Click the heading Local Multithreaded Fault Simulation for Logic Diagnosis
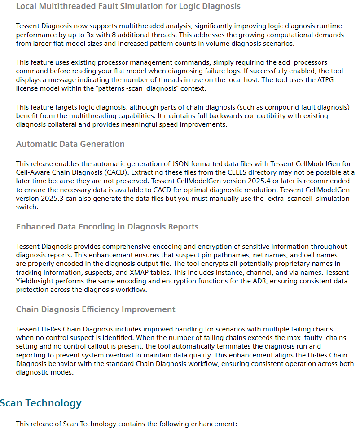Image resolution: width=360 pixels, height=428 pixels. [x=128, y=6]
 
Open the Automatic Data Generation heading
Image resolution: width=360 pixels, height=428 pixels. [x=70, y=144]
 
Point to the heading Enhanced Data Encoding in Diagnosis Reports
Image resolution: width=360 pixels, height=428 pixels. [x=107, y=226]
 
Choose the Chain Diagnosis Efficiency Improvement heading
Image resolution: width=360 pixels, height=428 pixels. [x=96, y=309]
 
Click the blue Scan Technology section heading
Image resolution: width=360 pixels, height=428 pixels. [x=41, y=403]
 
